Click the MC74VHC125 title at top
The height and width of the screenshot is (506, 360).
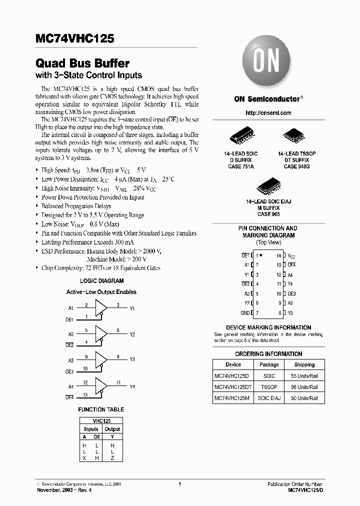point(75,38)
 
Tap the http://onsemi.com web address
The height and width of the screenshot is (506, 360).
point(268,113)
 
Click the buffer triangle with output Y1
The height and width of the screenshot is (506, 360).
point(101,306)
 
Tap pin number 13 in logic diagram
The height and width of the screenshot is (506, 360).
point(86,394)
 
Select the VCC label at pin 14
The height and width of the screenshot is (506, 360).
point(291,256)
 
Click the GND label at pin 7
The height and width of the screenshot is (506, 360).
point(244,313)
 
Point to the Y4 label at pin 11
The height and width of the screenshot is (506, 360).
point(290,284)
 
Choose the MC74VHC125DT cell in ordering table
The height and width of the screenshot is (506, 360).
point(233,387)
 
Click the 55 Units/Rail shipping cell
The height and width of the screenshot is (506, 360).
point(304,375)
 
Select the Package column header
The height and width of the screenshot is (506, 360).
point(269,364)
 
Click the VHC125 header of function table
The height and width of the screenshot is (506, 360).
point(101,421)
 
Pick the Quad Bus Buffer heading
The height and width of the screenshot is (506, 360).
point(82,63)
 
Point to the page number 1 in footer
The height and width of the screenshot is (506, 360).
point(179,484)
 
